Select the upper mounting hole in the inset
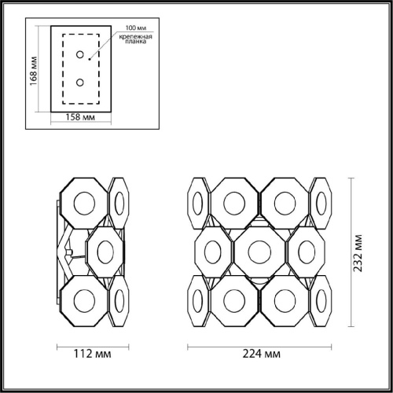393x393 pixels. pyautogui.click(x=79, y=55)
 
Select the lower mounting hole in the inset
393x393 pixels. pyautogui.click(x=79, y=82)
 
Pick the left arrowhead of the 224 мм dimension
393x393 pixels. pyautogui.click(x=189, y=346)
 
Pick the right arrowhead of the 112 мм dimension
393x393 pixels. pyautogui.click(x=129, y=346)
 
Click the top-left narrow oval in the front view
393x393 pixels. pyautogui.click(x=198, y=204)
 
